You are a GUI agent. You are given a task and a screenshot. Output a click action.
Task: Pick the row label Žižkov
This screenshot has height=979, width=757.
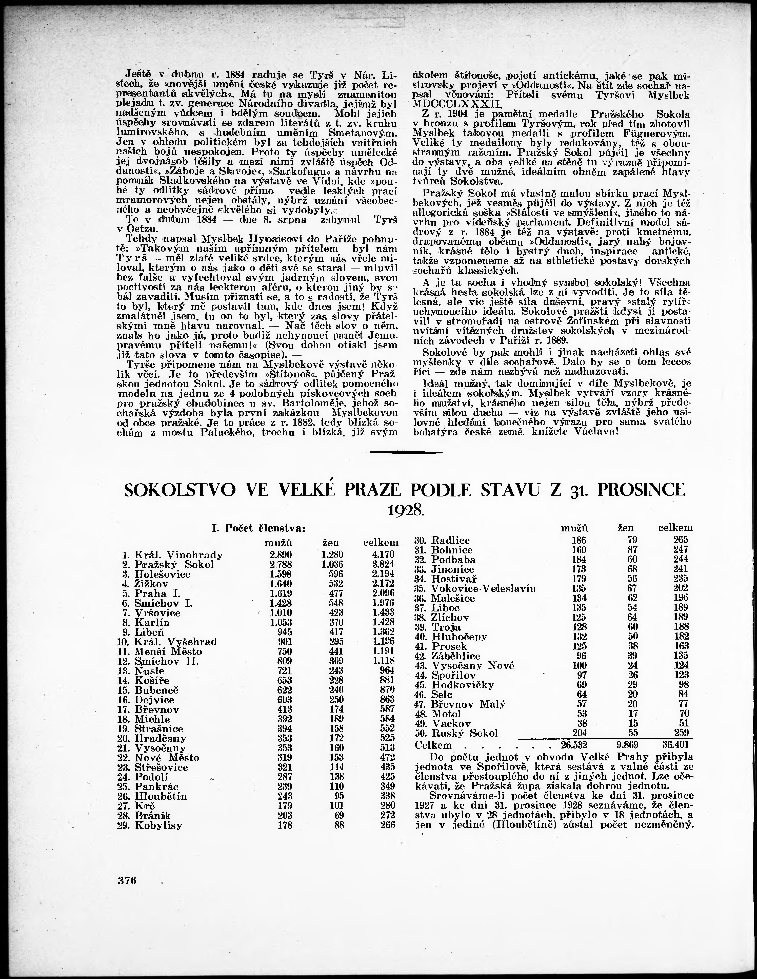pyautogui.click(x=151, y=584)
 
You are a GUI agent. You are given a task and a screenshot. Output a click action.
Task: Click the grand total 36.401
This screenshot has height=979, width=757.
pyautogui.click(x=675, y=745)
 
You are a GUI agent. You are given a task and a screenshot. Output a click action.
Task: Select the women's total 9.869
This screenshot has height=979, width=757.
pyautogui.click(x=624, y=745)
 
